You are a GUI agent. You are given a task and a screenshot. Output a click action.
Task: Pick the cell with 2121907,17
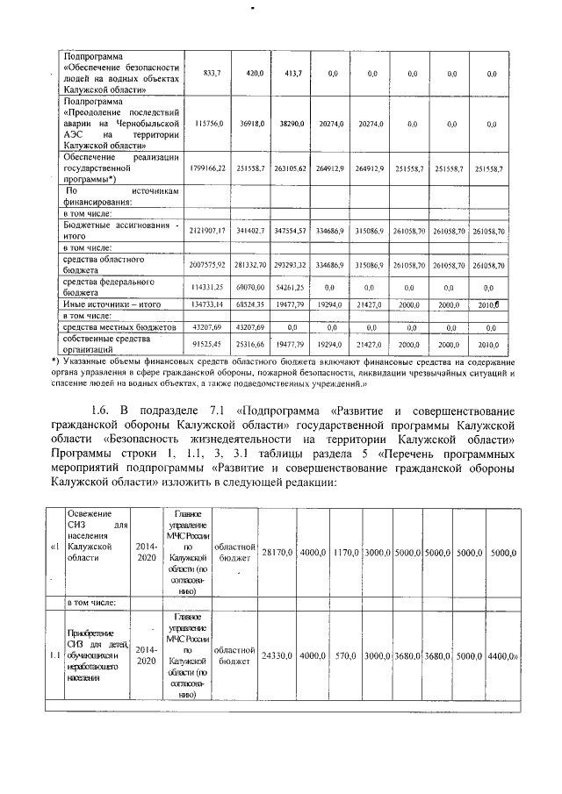click(x=208, y=229)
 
